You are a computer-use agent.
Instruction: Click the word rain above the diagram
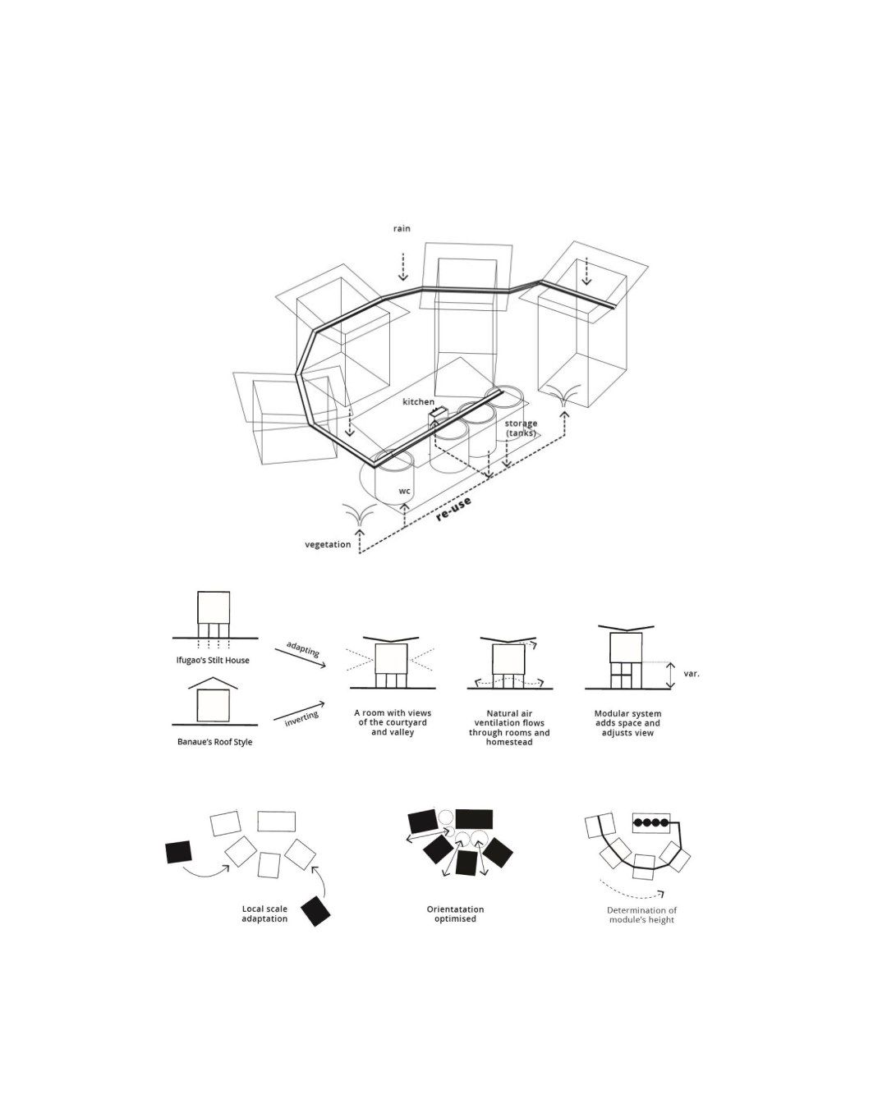(x=402, y=228)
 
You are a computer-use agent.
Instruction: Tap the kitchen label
(x=418, y=401)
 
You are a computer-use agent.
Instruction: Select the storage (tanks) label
(x=521, y=428)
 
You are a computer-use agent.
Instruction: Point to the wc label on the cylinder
(x=405, y=491)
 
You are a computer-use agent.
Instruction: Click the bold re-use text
(x=453, y=509)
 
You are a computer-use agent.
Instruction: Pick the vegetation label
(x=328, y=544)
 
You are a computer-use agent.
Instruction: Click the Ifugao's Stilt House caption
(x=213, y=660)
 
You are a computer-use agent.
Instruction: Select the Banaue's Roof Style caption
(x=215, y=742)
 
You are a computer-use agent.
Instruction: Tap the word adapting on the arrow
(x=303, y=649)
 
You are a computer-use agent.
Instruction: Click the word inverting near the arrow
(x=301, y=719)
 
